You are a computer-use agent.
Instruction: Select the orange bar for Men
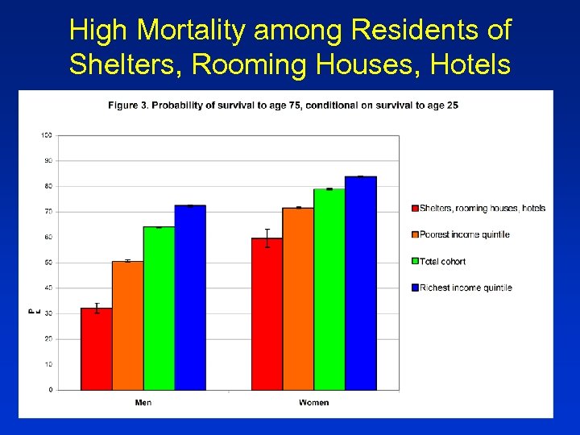(127, 325)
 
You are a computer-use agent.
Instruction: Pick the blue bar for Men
(190, 297)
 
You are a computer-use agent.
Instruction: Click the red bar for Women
(267, 314)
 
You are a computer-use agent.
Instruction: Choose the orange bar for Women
(298, 299)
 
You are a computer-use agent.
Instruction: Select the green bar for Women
(329, 289)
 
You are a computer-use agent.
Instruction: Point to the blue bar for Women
(361, 283)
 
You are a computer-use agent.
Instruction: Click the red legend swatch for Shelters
(415, 209)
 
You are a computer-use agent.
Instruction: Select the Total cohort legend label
(442, 261)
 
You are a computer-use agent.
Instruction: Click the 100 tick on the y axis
(47, 135)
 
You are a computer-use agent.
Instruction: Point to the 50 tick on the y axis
(48, 263)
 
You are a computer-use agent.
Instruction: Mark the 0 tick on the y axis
(51, 390)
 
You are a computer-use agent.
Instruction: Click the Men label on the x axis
(143, 402)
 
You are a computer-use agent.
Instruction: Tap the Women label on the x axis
(313, 402)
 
